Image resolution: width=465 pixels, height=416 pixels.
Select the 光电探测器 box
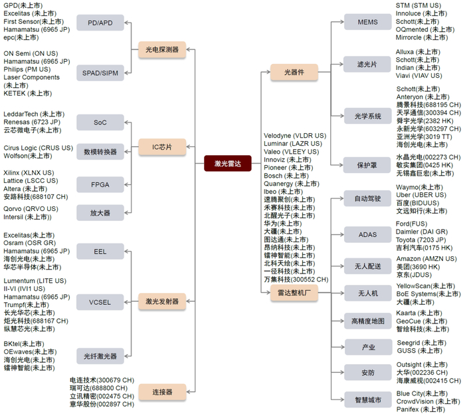(x=162, y=49)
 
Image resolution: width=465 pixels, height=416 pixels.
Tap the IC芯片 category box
(x=162, y=146)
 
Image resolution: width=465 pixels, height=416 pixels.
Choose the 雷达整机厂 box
(x=294, y=295)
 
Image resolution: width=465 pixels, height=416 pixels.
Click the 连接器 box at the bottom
(x=162, y=391)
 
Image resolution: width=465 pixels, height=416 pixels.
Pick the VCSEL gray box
(x=100, y=303)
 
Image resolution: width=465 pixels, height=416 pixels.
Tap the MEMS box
(x=368, y=22)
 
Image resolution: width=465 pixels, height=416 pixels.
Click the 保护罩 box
(x=368, y=164)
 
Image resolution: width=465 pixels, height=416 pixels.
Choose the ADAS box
(x=368, y=234)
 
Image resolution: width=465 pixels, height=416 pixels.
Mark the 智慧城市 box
(x=368, y=400)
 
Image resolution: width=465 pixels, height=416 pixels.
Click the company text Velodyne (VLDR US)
(x=295, y=136)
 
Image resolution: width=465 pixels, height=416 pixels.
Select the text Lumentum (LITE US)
(x=35, y=281)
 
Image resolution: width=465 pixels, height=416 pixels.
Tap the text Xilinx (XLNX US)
(x=29, y=173)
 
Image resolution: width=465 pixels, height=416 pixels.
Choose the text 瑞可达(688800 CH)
(x=102, y=387)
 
